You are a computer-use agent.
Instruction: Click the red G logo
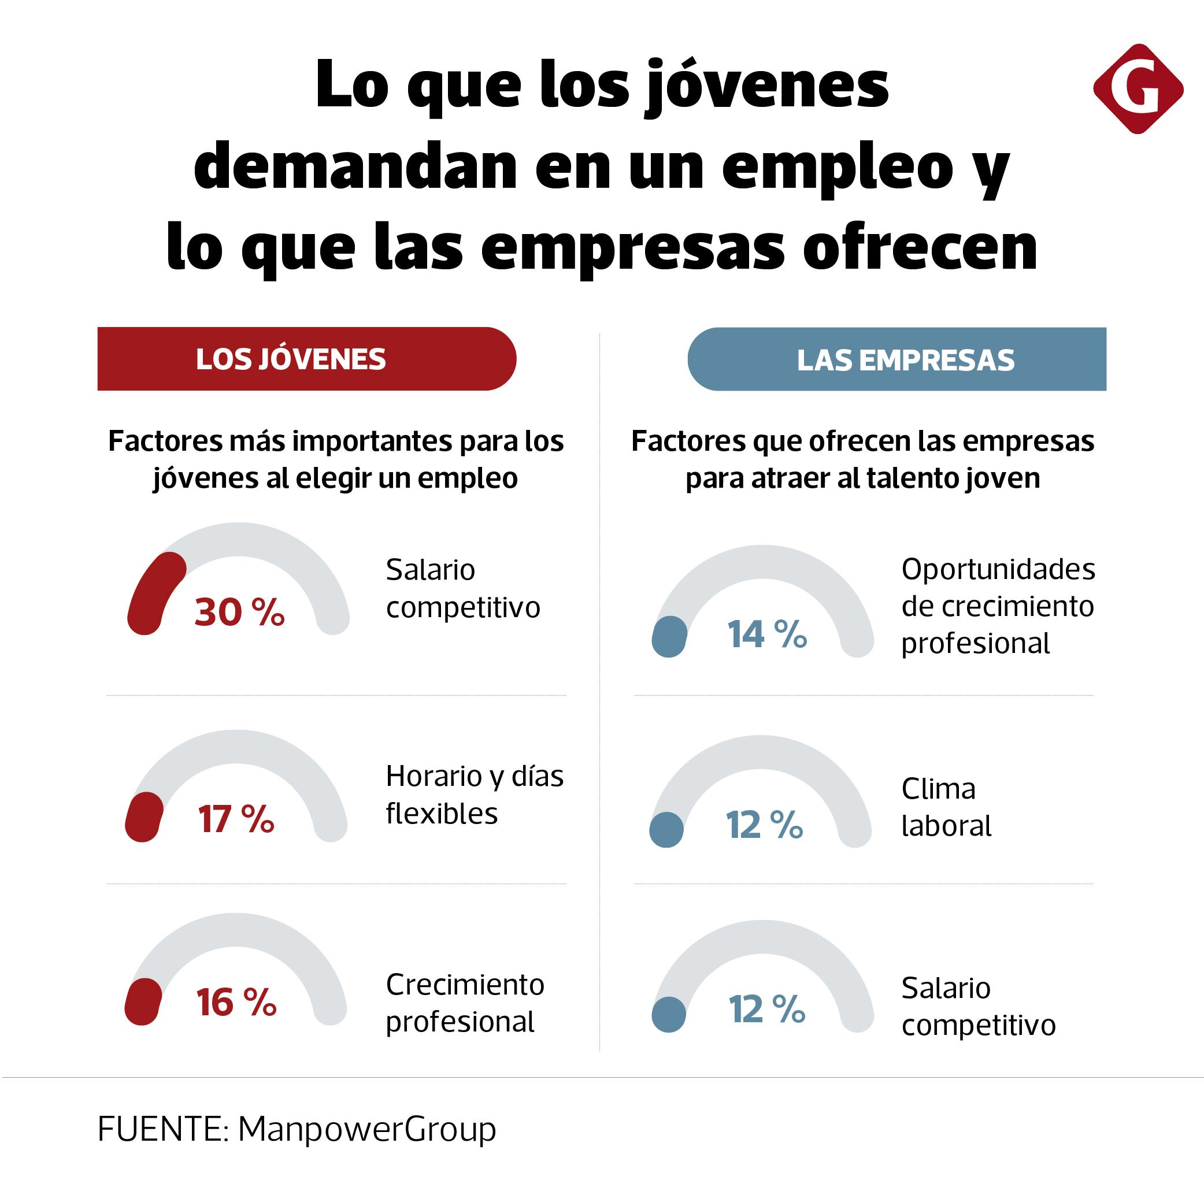(x=1138, y=88)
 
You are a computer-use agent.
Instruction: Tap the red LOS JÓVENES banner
(x=306, y=359)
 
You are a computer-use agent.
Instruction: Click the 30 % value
(x=239, y=612)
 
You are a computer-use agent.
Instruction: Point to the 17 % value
(x=236, y=819)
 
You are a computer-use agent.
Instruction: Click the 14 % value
(x=766, y=634)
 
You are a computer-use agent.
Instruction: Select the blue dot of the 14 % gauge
(x=669, y=636)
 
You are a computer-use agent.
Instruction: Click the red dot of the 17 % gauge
(x=144, y=817)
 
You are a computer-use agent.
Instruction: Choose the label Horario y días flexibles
(x=474, y=795)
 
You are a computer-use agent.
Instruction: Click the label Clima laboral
(x=946, y=807)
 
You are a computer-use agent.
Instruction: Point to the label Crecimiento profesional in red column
(x=465, y=1003)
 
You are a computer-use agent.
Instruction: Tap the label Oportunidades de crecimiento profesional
(x=997, y=606)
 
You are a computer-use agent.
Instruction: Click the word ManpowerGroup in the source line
(x=367, y=1129)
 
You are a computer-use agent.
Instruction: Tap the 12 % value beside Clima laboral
(x=764, y=825)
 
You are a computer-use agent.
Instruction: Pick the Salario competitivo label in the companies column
(x=978, y=1006)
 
